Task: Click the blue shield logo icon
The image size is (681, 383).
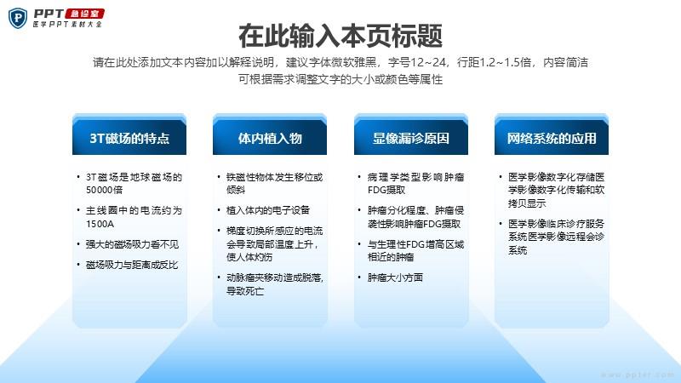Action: [x=18, y=18]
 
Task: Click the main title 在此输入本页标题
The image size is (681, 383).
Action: [x=340, y=36]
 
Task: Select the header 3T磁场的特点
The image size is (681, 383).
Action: [x=129, y=138]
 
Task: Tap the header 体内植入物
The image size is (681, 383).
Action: [x=270, y=138]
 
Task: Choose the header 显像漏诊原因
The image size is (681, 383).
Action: [x=411, y=138]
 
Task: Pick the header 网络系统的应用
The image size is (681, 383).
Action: [x=552, y=138]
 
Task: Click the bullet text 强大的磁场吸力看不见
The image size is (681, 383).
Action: [x=132, y=244]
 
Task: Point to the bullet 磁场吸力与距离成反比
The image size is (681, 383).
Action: [x=132, y=265]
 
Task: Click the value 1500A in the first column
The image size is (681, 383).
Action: [x=100, y=224]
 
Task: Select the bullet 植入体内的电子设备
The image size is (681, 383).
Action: [x=268, y=210]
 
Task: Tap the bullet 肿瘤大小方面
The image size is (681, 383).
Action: [x=395, y=277]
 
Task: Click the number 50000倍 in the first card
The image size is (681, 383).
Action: [x=104, y=190]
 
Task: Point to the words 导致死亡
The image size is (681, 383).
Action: [x=245, y=291]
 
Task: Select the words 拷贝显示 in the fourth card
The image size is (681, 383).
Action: [x=527, y=203]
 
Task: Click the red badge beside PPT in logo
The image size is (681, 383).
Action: [x=85, y=14]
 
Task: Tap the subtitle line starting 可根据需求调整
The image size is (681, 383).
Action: [x=340, y=79]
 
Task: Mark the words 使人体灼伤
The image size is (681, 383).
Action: [x=249, y=257]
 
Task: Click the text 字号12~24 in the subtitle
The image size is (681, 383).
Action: [x=417, y=62]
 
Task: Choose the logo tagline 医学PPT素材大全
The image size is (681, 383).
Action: [x=67, y=25]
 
